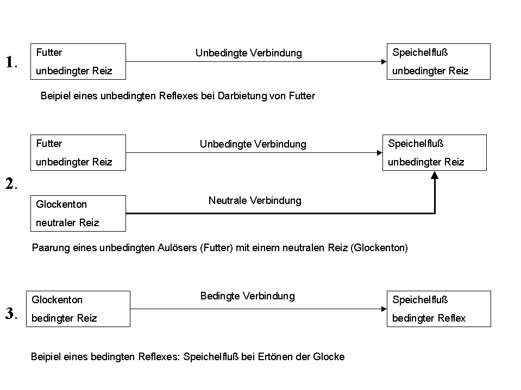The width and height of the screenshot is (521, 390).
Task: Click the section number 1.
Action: point(11,62)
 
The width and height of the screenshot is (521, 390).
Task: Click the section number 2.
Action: point(11,183)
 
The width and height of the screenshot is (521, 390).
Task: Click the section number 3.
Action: point(11,314)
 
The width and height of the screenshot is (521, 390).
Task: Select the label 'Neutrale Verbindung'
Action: point(255,200)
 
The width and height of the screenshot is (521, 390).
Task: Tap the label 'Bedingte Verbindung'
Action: point(248,296)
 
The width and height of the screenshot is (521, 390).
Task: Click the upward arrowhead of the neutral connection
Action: point(435,175)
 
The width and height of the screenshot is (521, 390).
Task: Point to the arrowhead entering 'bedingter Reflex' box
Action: point(384,309)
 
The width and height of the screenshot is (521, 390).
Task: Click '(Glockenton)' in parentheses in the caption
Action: point(379,248)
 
